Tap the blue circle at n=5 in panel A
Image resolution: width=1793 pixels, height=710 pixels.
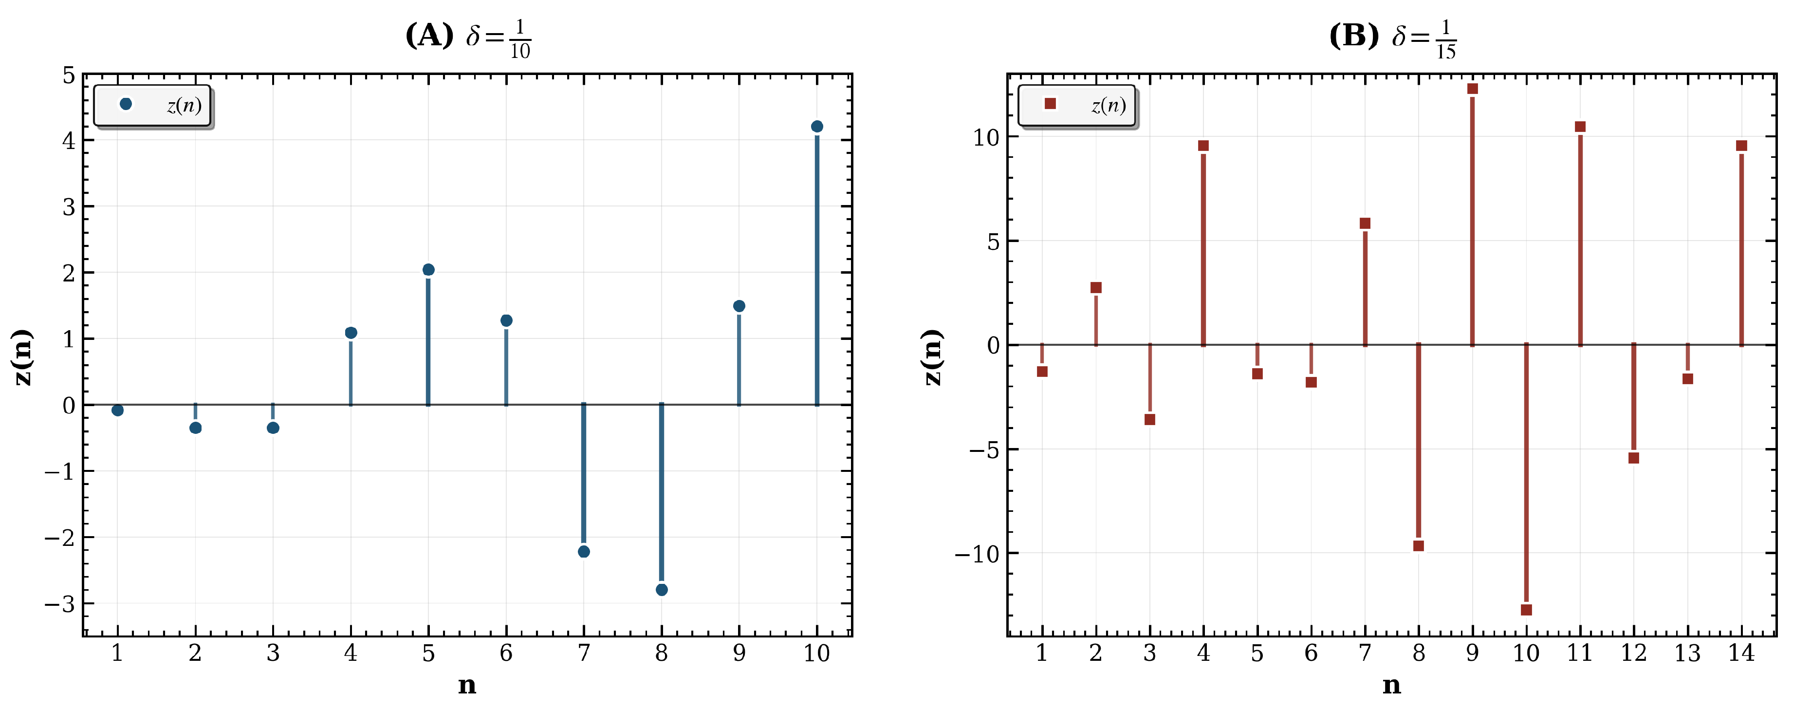point(428,269)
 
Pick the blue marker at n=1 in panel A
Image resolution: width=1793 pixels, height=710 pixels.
point(118,410)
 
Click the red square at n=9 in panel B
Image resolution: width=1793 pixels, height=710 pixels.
point(1472,89)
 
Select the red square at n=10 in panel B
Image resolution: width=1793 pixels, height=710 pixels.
point(1526,610)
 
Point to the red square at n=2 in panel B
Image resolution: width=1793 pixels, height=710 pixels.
point(1095,287)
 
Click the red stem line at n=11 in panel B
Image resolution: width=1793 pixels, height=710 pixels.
point(1580,237)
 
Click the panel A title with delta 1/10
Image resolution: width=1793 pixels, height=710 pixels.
point(468,36)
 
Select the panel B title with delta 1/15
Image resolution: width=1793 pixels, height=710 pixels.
point(1392,36)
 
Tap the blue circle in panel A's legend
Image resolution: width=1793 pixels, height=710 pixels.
point(126,104)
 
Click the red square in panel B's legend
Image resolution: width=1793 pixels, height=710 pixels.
point(1050,104)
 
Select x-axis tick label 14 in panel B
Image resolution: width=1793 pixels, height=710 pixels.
point(1741,653)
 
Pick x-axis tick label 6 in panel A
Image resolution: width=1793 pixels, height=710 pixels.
point(506,653)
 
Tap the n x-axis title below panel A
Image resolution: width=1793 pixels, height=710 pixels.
point(467,686)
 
